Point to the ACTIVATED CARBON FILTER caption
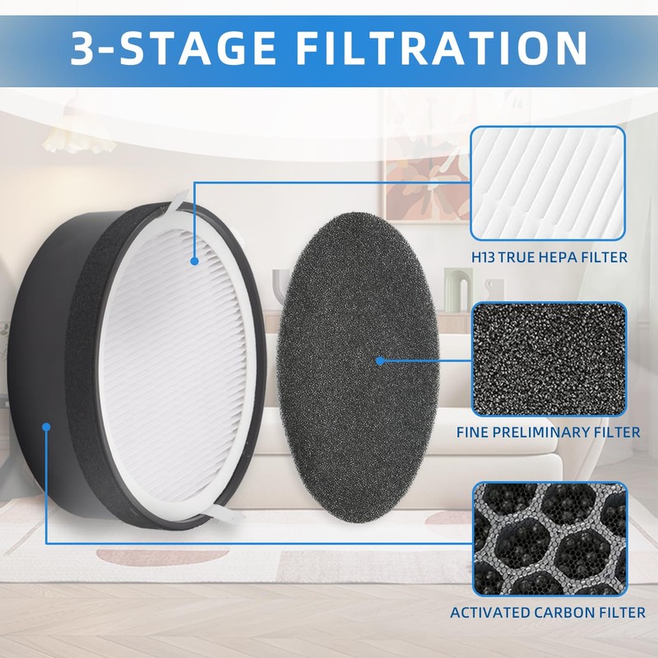(548, 613)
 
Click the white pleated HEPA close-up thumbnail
(548, 181)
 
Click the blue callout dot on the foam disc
(380, 360)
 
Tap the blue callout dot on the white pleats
(195, 261)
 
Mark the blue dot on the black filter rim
(47, 427)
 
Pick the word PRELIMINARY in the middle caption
(554, 432)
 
